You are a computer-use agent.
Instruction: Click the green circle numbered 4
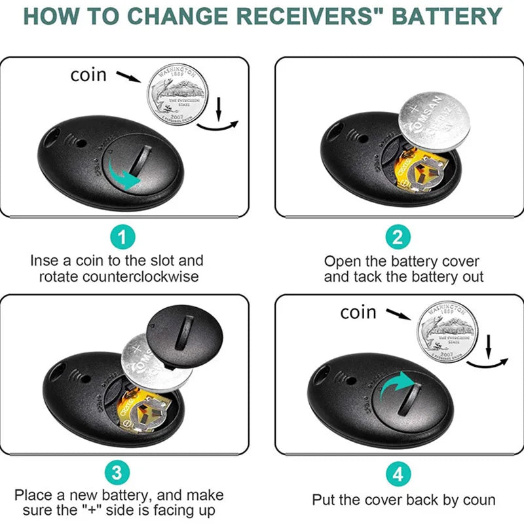(x=398, y=472)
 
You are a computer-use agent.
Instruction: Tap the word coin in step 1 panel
(x=88, y=75)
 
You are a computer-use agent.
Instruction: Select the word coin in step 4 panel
(x=358, y=312)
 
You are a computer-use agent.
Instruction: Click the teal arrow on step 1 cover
(x=128, y=173)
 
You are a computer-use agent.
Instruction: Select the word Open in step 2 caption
(x=341, y=261)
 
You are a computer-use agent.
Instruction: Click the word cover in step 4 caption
(x=393, y=500)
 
